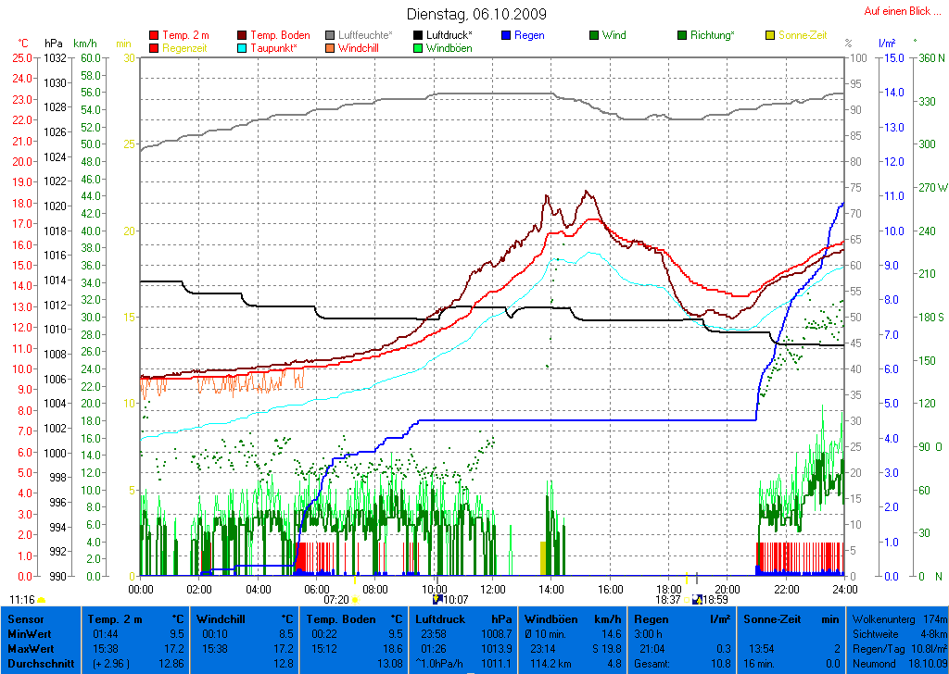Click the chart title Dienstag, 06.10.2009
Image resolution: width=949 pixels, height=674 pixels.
tap(476, 15)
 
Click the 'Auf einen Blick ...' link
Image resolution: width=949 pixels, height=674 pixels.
tap(896, 11)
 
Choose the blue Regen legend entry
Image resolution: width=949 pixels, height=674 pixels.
tap(529, 35)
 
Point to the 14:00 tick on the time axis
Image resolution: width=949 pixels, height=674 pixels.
tap(550, 589)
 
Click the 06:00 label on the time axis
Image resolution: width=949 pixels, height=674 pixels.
tap(316, 589)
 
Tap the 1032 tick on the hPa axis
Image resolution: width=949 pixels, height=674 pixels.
tap(55, 57)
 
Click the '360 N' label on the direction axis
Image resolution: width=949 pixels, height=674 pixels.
tap(929, 57)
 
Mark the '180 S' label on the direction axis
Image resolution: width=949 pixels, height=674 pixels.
tap(929, 317)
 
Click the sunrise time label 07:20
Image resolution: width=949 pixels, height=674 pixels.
tap(335, 600)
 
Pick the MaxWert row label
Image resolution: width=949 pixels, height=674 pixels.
tap(28, 649)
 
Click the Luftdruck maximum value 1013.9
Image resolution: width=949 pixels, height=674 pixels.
tap(498, 649)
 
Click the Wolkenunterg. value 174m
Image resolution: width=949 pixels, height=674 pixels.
tap(934, 619)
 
